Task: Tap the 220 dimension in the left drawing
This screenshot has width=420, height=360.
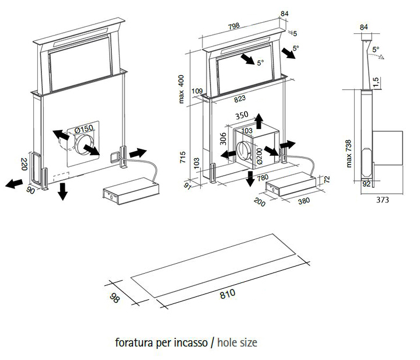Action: (x=24, y=164)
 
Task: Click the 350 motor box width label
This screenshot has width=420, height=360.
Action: (x=241, y=116)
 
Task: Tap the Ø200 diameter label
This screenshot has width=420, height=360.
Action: (x=259, y=154)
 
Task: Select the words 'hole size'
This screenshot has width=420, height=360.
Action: (x=237, y=342)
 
